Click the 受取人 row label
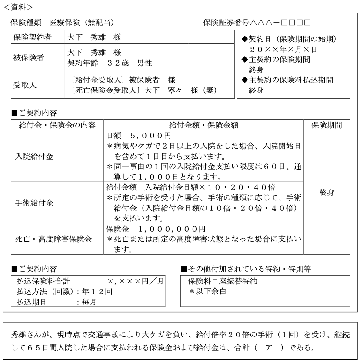25,85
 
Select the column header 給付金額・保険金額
204,125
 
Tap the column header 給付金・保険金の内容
55,125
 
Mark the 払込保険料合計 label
43,281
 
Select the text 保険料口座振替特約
223,281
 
